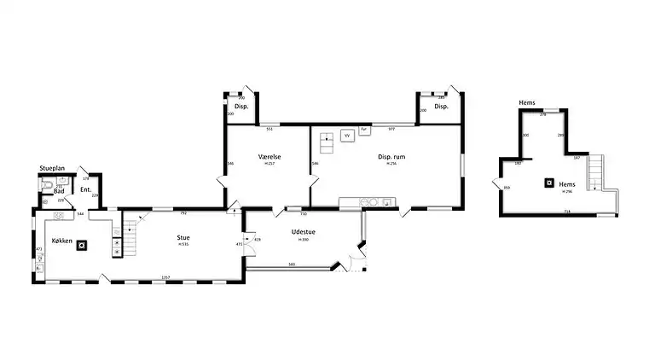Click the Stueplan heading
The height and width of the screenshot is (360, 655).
click(x=52, y=169)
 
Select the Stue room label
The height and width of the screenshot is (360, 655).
click(x=183, y=238)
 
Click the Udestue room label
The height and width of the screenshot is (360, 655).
click(x=303, y=232)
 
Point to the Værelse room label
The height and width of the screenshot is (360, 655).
click(x=270, y=157)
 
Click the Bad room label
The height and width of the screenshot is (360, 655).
click(x=59, y=191)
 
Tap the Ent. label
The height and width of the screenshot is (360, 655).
click(x=86, y=189)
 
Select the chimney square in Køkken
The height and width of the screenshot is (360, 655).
click(x=82, y=246)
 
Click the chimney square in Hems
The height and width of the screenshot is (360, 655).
click(x=548, y=183)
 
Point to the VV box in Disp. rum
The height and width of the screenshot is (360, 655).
click(x=347, y=135)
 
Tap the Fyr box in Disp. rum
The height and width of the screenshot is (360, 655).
click(x=363, y=130)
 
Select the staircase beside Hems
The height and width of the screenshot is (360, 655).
click(x=598, y=171)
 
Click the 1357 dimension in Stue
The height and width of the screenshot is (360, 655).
click(x=165, y=277)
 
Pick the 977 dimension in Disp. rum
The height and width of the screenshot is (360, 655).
click(x=391, y=128)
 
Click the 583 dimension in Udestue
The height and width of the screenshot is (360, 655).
click(x=292, y=265)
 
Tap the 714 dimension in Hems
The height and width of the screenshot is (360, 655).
click(x=566, y=212)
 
